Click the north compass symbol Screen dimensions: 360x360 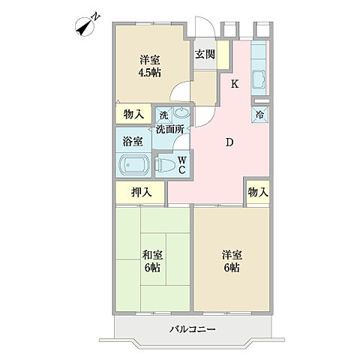pyautogui.click(x=87, y=25)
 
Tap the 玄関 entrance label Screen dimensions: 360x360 pyautogui.click(x=205, y=54)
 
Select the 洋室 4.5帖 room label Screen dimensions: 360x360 pyautogui.click(x=149, y=66)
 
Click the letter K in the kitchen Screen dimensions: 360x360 pyautogui.click(x=235, y=84)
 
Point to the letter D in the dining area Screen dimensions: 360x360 pyautogui.click(x=229, y=142)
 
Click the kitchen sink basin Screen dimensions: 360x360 pyautogui.click(x=259, y=79)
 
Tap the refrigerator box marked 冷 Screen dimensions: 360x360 pyautogui.click(x=260, y=115)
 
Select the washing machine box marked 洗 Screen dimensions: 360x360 pyautogui.click(x=163, y=115)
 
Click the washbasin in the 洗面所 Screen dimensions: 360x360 pyautogui.click(x=181, y=112)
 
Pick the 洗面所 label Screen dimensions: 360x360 pyautogui.click(x=170, y=129)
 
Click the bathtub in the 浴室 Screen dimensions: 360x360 pyautogui.click(x=133, y=166)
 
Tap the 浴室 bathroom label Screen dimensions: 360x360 pyautogui.click(x=133, y=142)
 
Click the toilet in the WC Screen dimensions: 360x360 pyautogui.click(x=165, y=165)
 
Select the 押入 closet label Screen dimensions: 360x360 pyautogui.click(x=142, y=192)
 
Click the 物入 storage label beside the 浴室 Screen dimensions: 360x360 pyautogui.click(x=133, y=115)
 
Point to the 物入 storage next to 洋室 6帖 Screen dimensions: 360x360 pyautogui.click(x=258, y=192)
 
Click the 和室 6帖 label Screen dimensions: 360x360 pyautogui.click(x=152, y=262)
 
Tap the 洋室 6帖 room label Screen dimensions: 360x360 pyautogui.click(x=232, y=262)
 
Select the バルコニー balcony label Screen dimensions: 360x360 pyautogui.click(x=192, y=328)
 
